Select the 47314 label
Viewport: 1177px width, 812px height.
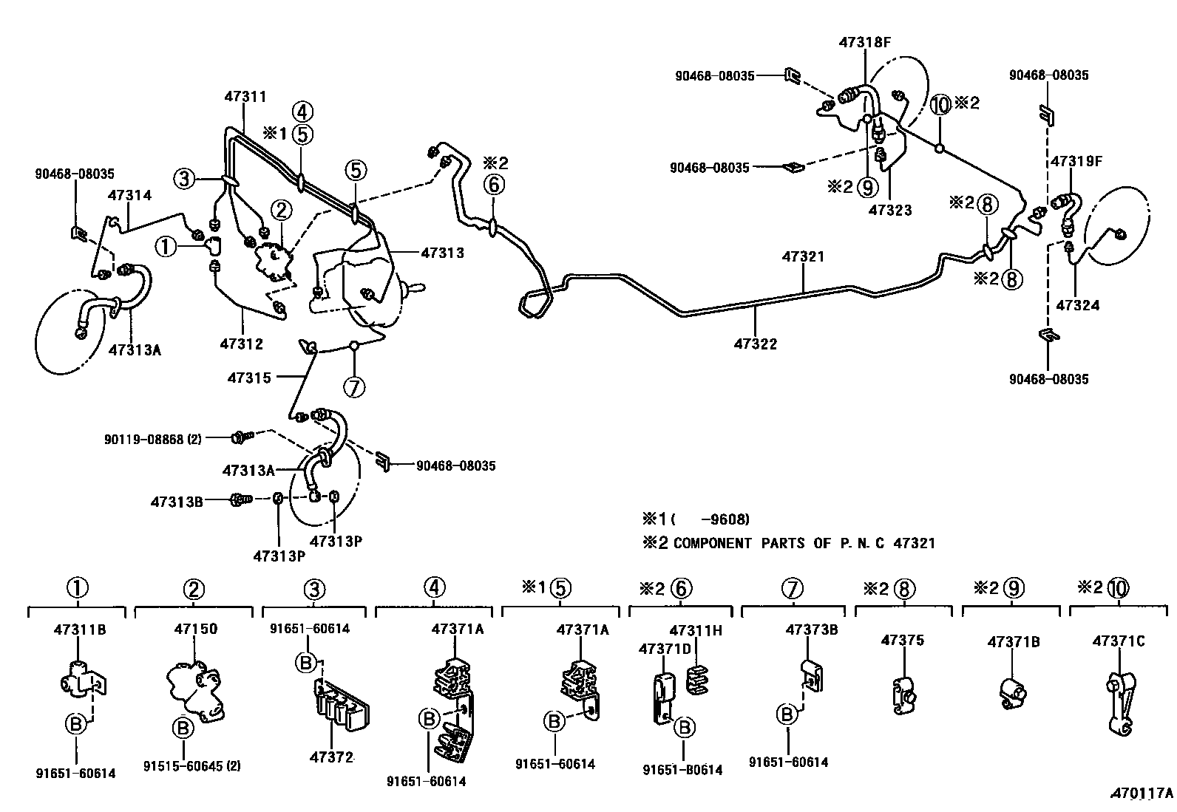[129, 196]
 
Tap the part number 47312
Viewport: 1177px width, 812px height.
[241, 344]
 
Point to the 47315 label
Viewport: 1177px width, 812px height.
[249, 378]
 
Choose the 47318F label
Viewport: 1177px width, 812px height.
[864, 42]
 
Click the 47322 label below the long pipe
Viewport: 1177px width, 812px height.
[756, 344]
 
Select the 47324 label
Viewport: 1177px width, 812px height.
[1078, 304]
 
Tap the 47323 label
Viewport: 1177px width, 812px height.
[890, 210]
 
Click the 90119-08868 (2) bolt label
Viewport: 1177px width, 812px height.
[152, 439]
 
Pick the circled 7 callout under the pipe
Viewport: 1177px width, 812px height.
[355, 386]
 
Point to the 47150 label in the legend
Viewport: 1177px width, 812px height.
[196, 629]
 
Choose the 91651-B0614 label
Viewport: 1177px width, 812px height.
[682, 770]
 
